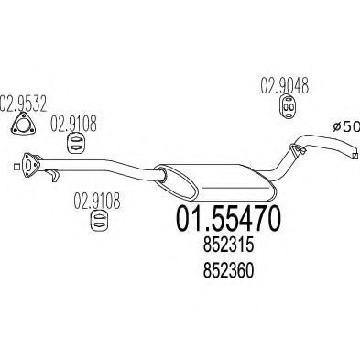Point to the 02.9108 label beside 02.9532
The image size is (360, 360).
click(70, 119)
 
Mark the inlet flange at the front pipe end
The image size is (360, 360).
click(27, 166)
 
